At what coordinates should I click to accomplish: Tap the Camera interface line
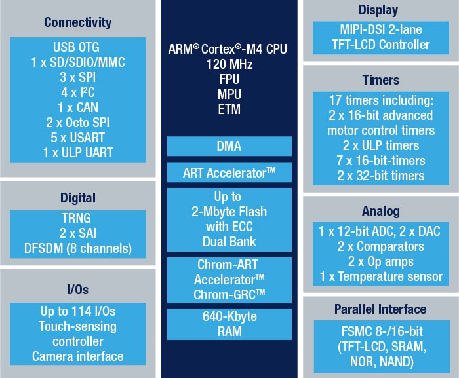pos(78,356)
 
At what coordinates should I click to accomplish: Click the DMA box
pos(229,145)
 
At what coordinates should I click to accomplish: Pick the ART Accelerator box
pos(229,173)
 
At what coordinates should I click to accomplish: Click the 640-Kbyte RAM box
pos(229,324)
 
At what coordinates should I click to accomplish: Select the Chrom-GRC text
pos(229,295)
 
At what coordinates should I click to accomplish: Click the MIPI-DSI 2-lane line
pos(380,30)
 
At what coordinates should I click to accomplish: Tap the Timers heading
pos(380,80)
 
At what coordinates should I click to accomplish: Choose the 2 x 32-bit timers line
pos(380,176)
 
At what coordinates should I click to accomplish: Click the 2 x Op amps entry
pos(380,262)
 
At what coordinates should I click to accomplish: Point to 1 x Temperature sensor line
pos(380,277)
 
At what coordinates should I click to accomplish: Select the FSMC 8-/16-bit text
pos(380,330)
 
